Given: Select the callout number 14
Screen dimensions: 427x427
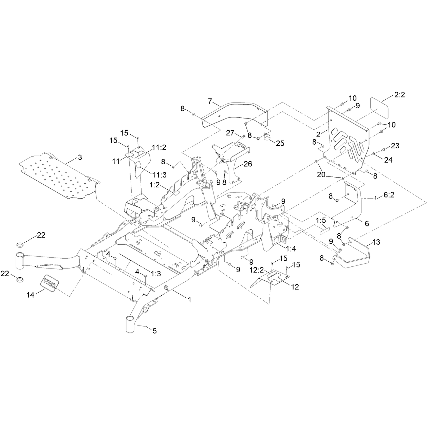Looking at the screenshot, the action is point(31,295).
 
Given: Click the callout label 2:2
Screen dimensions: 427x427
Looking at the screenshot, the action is point(400,95).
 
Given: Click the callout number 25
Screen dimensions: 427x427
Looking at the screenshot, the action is point(280,143).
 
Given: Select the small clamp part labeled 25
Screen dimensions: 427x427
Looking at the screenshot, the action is point(268,137).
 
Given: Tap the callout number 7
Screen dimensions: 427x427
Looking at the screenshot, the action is point(210,101).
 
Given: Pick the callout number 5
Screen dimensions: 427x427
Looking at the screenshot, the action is point(154,337).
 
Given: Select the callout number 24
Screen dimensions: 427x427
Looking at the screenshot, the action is point(388,160).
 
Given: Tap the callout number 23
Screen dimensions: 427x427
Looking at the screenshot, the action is point(395,146).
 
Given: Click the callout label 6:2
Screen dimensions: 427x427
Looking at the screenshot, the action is point(389,195).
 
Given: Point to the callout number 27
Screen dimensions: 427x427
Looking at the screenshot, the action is point(230,133).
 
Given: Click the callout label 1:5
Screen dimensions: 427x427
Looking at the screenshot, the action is point(321,220).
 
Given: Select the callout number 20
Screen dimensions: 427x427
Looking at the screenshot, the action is point(321,174).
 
